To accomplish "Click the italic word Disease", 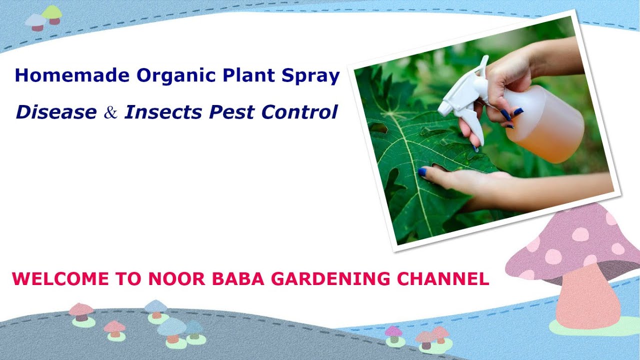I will point(56,112).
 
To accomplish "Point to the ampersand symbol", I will point(110,113).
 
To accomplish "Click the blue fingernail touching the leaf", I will point(422,172).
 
